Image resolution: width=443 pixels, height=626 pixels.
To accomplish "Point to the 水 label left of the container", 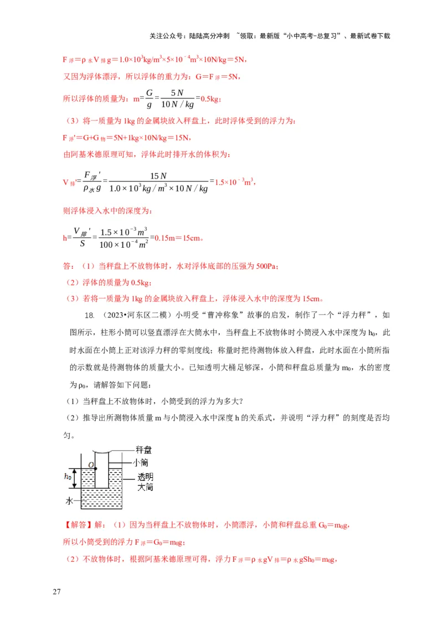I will click(69, 502).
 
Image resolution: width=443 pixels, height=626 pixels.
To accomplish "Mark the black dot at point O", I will click(96, 469).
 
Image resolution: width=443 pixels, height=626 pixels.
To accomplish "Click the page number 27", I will click(56, 592).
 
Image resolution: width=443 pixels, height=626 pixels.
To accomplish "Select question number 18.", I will click(89, 315).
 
